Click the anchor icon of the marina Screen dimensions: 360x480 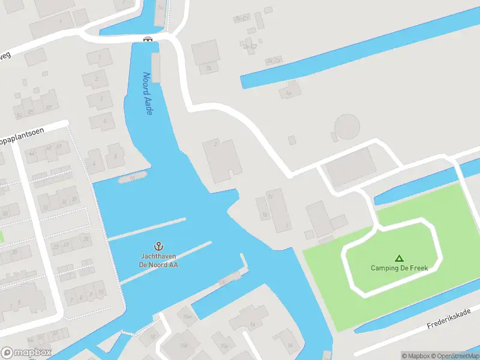pyautogui.click(x=159, y=246)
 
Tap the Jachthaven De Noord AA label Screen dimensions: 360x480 pyautogui.click(x=159, y=260)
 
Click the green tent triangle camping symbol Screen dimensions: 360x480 pyautogui.click(x=399, y=258)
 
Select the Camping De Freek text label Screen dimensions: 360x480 pyautogui.click(x=399, y=268)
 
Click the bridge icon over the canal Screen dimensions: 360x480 pyautogui.click(x=148, y=39)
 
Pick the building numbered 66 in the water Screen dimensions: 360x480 pyautogui.click(x=132, y=178)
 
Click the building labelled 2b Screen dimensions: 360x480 pyautogui.click(x=208, y=68)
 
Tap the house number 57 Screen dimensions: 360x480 pyautogui.click(x=48, y=108)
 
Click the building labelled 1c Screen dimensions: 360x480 pyautogui.click(x=270, y=195)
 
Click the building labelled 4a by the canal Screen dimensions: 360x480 pyautogui.click(x=289, y=93)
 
